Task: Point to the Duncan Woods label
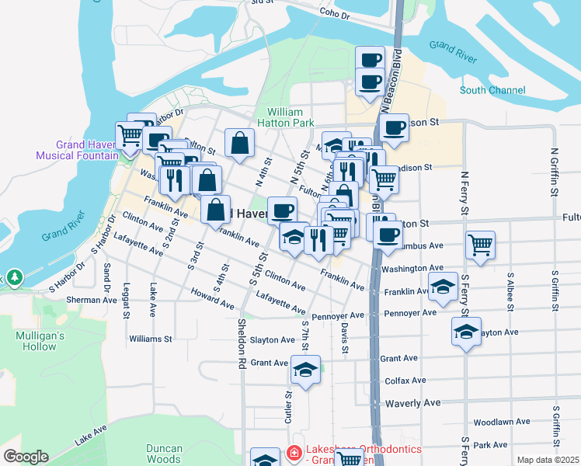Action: (x=164, y=454)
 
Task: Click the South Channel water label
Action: (x=492, y=91)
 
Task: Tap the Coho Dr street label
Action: (x=335, y=13)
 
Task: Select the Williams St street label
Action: (x=151, y=339)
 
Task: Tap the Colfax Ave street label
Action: (x=405, y=381)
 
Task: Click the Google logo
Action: (x=26, y=457)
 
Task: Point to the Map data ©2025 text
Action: (x=548, y=460)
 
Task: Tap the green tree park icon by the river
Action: (x=13, y=277)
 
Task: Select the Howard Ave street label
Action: (x=212, y=301)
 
